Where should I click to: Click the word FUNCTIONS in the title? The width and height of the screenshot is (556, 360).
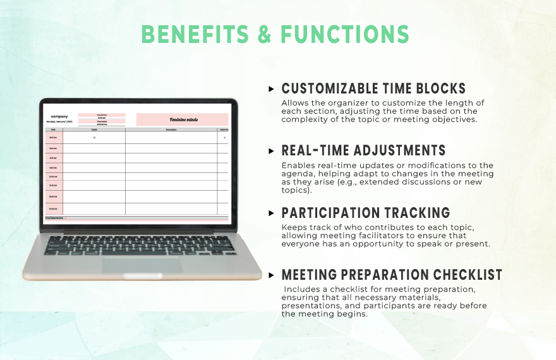pos(345,34)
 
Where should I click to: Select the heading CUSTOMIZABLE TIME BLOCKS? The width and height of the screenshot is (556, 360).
pos(373,88)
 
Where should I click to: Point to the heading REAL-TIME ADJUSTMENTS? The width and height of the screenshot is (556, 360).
pos(363,150)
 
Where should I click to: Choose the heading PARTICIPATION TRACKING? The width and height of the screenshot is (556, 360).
pos(365,213)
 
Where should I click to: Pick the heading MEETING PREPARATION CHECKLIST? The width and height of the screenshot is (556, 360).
pos(392,275)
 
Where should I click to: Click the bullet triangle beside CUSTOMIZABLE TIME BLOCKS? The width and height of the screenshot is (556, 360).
pos(272,89)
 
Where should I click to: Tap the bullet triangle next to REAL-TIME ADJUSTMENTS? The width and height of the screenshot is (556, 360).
pos(272,151)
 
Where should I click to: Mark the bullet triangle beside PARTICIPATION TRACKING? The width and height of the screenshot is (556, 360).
pos(272,213)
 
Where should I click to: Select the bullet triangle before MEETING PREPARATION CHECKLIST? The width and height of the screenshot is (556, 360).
pos(272,275)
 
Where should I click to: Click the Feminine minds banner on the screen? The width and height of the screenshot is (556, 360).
pos(182,119)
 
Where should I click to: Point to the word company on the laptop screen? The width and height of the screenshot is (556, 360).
pos(59,116)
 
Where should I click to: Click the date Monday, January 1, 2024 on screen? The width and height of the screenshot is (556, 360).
pos(59,121)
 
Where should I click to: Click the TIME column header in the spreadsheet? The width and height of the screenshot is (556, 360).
pos(53,129)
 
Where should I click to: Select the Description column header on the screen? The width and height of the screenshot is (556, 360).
pos(171,129)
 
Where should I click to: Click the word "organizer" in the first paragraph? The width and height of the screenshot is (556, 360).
pos(339,103)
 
